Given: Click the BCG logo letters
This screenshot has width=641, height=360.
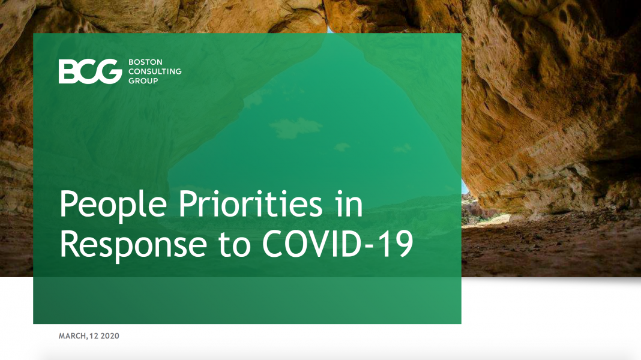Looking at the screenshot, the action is pos(91,71).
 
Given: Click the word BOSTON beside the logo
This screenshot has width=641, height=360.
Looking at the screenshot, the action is pos(145,62).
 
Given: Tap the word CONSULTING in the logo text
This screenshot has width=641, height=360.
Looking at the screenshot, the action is pos(155,71).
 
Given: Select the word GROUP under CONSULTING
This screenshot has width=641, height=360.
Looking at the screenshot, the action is pos(143,81).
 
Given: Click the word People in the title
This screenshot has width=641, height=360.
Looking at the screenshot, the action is pos(113,205).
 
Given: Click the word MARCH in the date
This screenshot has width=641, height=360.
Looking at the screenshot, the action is pos(72,336).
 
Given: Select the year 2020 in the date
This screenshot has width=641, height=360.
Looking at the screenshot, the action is pos(110,336).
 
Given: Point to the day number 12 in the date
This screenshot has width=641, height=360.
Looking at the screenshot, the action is pos(94,336).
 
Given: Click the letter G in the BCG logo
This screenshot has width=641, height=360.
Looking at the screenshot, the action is pos(109,71).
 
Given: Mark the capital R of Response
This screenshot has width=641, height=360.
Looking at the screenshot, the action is pos(70,244).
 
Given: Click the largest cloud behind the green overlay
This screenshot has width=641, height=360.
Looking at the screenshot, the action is pos(295,128).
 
